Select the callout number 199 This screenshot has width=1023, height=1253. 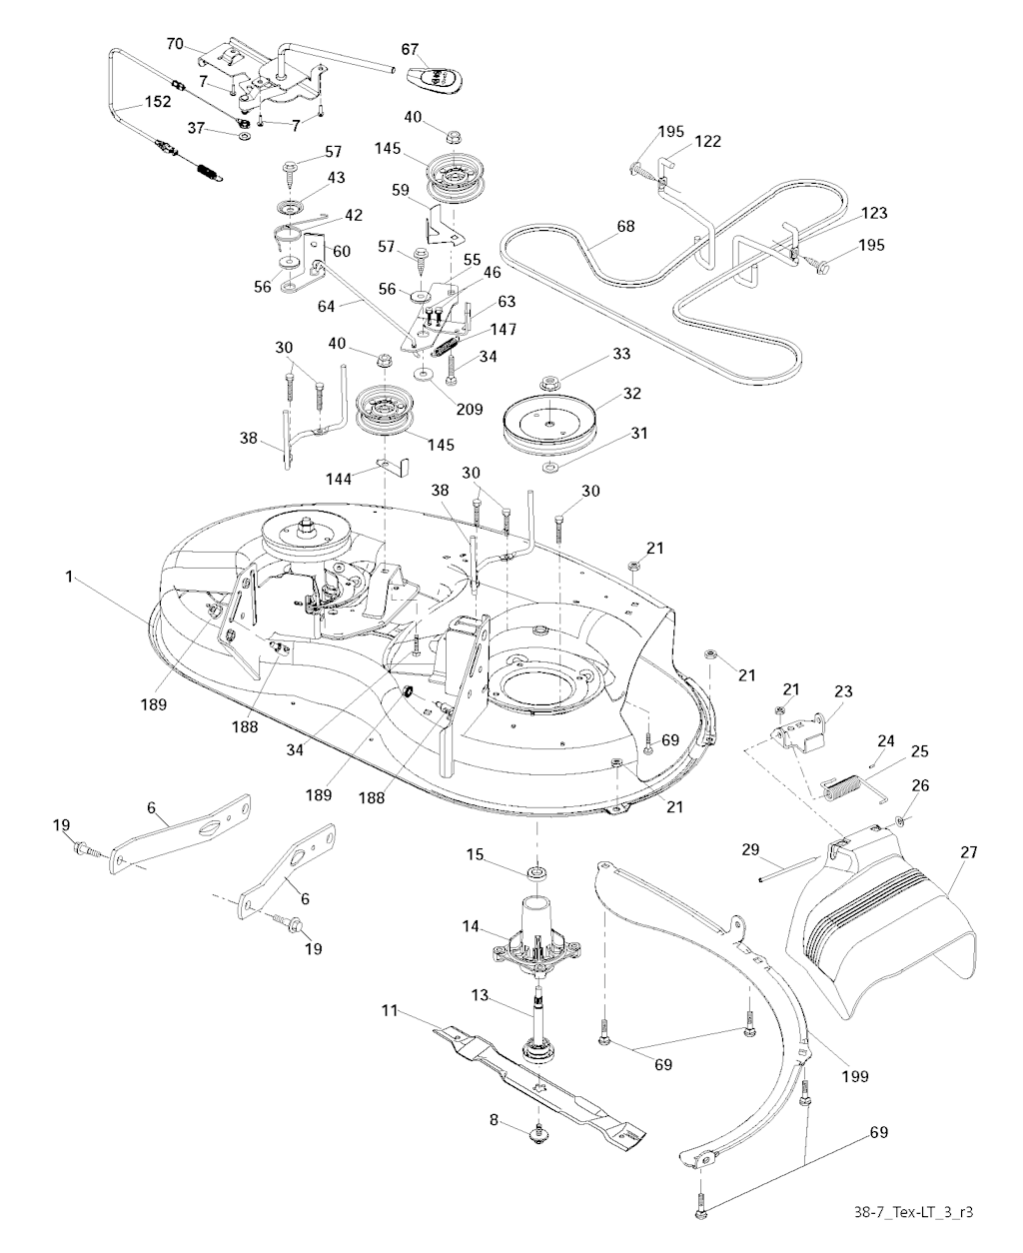tap(854, 1076)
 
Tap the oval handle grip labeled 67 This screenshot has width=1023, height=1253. tap(437, 77)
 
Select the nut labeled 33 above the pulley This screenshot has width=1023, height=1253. tap(547, 382)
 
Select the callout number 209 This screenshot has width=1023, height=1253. tap(469, 409)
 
